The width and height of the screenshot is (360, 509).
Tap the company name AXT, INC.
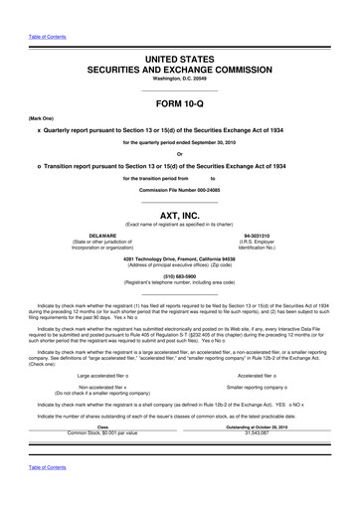click(x=179, y=215)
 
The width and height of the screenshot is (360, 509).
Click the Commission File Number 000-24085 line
click(x=179, y=189)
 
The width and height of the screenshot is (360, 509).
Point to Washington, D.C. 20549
click(x=179, y=81)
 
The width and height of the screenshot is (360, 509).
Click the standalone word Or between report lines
click(x=179, y=152)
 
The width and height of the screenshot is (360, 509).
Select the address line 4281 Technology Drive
click(x=179, y=258)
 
